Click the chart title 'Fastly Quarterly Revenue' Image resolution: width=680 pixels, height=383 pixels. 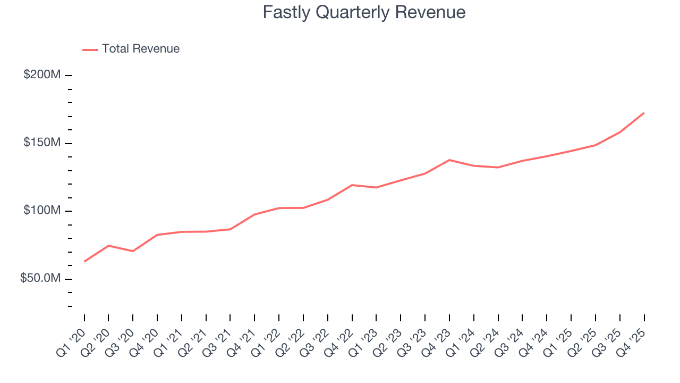coord(364,12)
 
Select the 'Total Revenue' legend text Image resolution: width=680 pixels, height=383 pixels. coord(141,49)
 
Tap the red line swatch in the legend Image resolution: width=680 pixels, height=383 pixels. coord(90,49)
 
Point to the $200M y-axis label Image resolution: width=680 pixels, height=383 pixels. coord(42,75)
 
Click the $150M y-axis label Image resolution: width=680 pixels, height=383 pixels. coord(42,143)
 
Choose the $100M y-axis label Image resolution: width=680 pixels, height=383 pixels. coord(42,211)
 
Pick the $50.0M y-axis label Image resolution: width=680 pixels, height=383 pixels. coord(40,279)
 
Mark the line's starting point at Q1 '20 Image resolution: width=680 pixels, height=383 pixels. coord(84,261)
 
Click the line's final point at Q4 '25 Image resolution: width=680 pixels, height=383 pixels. coord(644,113)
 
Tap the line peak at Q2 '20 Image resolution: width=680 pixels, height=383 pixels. coord(108,246)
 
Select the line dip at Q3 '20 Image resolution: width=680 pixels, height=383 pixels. coord(133,251)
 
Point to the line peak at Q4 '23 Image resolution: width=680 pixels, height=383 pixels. coord(449,160)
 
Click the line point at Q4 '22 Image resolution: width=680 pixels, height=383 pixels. coord(352,185)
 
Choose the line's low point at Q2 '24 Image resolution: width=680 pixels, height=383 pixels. coord(498,168)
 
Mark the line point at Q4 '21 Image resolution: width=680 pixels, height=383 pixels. coord(254,214)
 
